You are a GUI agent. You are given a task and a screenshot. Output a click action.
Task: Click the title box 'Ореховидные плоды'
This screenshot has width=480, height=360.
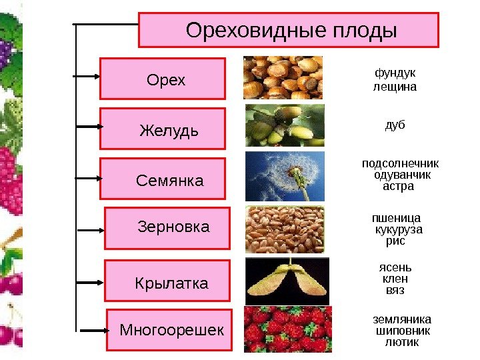pyautogui.click(x=289, y=30)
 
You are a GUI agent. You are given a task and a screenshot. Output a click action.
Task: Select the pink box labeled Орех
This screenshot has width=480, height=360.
pyautogui.click(x=163, y=79)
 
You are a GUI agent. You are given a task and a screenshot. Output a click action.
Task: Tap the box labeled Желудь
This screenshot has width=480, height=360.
pyautogui.click(x=163, y=128)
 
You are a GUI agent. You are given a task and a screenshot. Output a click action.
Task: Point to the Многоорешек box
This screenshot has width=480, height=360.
pyautogui.click(x=169, y=329)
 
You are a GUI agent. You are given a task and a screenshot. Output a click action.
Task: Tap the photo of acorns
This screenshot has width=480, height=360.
pyautogui.click(x=285, y=125)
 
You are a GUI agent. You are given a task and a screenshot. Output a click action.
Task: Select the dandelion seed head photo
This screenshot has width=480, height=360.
pyautogui.click(x=285, y=176)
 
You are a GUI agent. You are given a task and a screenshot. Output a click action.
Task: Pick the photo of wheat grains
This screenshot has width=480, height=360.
pyautogui.click(x=285, y=229)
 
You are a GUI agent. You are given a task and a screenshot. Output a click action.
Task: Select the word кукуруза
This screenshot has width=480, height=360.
pyautogui.click(x=399, y=229)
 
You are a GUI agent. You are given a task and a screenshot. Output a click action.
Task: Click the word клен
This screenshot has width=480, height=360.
pyautogui.click(x=395, y=279)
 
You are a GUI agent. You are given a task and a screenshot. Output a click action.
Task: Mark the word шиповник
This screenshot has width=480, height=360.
pyautogui.click(x=403, y=331)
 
